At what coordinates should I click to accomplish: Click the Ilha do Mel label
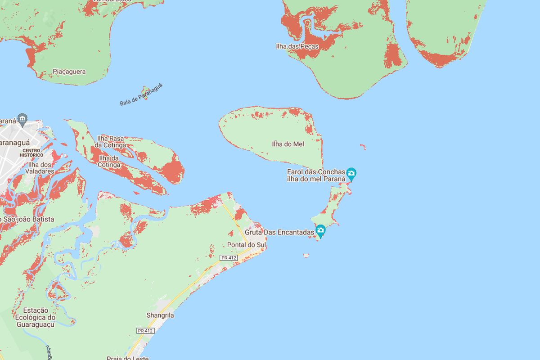288,144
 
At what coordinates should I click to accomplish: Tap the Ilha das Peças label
297,46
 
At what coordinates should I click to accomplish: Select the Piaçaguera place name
69,72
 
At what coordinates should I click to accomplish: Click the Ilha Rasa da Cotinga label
110,141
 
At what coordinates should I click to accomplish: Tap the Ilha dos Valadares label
40,168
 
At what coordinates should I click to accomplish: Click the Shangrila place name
160,315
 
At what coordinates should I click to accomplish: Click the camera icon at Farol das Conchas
351,173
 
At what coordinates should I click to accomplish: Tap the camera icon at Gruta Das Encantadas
320,230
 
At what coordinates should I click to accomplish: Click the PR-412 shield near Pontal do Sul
228,258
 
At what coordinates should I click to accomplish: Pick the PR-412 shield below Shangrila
145,331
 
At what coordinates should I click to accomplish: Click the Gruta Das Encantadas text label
279,233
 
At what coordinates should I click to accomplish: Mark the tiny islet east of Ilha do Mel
363,146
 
